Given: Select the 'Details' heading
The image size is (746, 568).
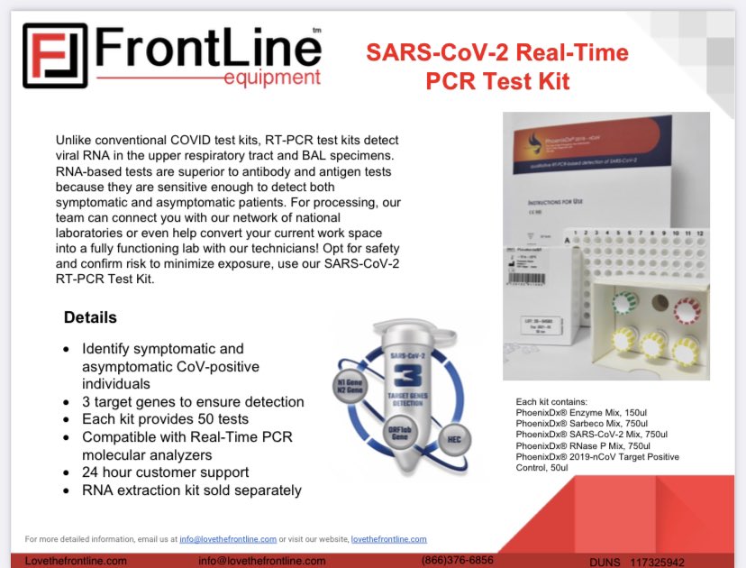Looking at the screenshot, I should tap(90, 318).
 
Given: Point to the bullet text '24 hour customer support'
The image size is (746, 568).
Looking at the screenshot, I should tap(165, 472).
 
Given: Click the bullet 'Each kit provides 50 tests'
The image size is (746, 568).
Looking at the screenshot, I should tap(165, 419).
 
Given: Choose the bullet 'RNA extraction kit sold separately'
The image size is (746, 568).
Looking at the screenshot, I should tap(191, 490).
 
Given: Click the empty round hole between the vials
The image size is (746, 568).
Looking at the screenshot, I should tap(658, 305).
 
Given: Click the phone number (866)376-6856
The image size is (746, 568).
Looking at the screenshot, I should tap(457, 561).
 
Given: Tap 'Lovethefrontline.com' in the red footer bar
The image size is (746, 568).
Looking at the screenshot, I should tap(77, 561).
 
